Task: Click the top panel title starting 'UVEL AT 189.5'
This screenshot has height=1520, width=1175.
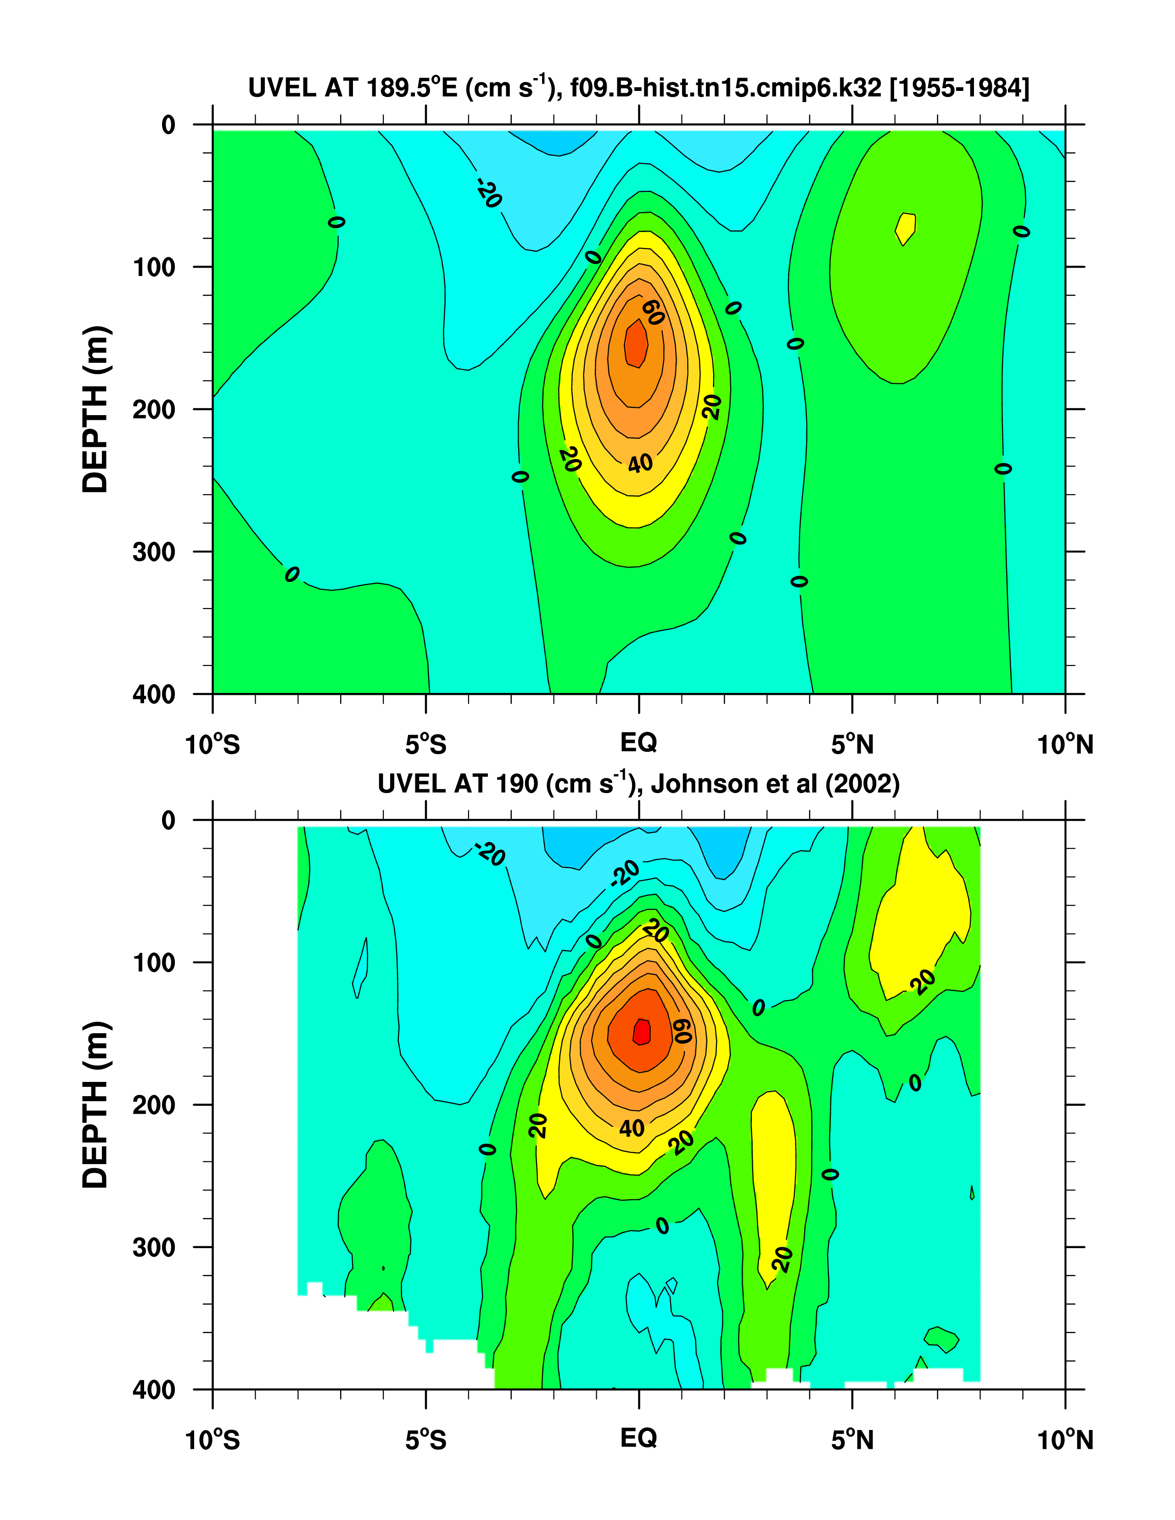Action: click(638, 88)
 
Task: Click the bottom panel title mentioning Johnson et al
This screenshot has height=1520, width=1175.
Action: click(638, 784)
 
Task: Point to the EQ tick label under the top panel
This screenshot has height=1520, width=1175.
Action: click(638, 743)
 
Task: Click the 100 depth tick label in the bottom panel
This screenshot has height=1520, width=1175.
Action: click(154, 963)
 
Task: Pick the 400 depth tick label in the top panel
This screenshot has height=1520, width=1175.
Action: click(154, 694)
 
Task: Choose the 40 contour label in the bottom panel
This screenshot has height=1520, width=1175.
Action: click(632, 1128)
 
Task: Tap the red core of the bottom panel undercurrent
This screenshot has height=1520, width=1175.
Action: click(641, 1032)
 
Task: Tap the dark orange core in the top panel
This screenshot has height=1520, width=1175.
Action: click(636, 343)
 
